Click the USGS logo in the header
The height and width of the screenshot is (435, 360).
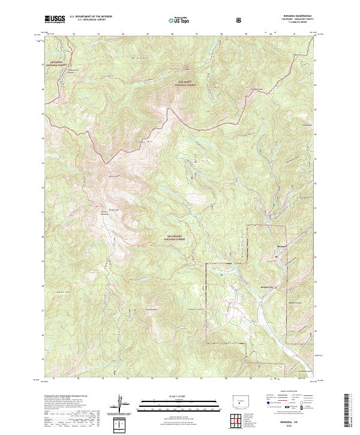[x=55, y=20]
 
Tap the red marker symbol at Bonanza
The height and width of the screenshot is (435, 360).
[x=275, y=257]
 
